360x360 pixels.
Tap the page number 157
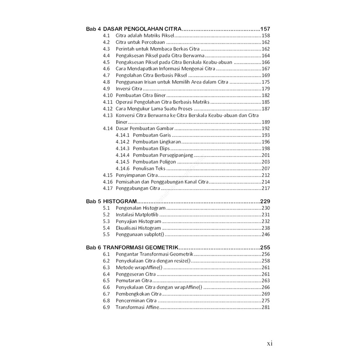[x=266, y=29]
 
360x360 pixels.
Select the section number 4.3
[x=106, y=49]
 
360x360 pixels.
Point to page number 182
[x=266, y=95]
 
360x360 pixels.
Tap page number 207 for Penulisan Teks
[x=266, y=168]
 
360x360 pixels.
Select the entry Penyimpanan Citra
[x=137, y=175]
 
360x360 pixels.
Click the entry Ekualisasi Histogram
[x=138, y=228]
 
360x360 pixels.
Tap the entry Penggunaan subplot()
[x=140, y=235]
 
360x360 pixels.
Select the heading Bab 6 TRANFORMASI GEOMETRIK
[x=132, y=248]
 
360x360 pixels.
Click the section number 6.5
[x=106, y=281]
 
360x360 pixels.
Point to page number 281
[x=266, y=307]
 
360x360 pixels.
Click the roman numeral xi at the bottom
[x=269, y=343]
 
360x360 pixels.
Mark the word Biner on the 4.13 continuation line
[x=121, y=122]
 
